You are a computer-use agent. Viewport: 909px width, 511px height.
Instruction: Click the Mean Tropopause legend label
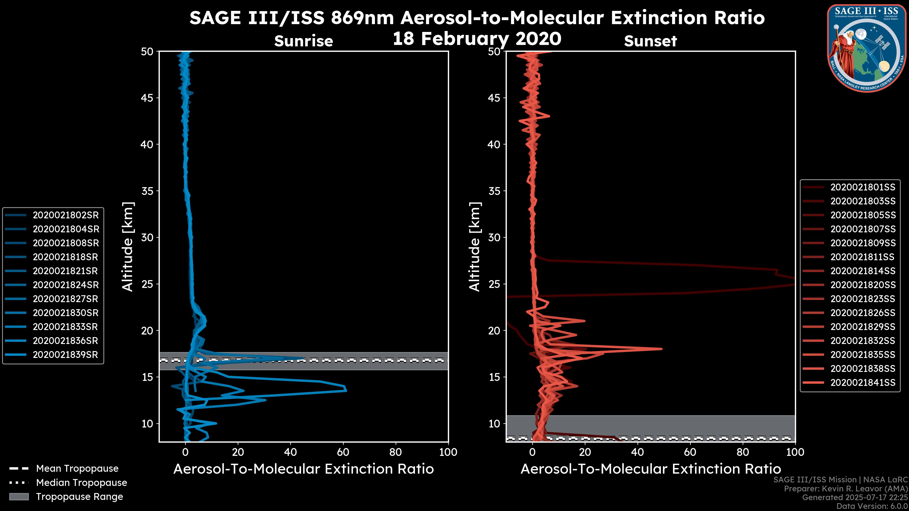(x=77, y=469)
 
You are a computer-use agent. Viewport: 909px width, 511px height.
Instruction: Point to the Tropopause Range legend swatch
(x=19, y=497)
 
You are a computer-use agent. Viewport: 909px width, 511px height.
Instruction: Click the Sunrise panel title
(x=303, y=41)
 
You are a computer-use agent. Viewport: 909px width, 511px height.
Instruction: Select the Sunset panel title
(x=650, y=41)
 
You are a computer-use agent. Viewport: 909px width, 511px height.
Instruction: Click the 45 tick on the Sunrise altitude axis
(x=147, y=98)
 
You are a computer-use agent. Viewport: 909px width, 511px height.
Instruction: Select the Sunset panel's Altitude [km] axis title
(x=475, y=247)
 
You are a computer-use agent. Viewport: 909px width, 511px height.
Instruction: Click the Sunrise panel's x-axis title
(x=303, y=469)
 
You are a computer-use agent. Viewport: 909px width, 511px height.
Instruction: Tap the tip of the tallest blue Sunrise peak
(x=346, y=390)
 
